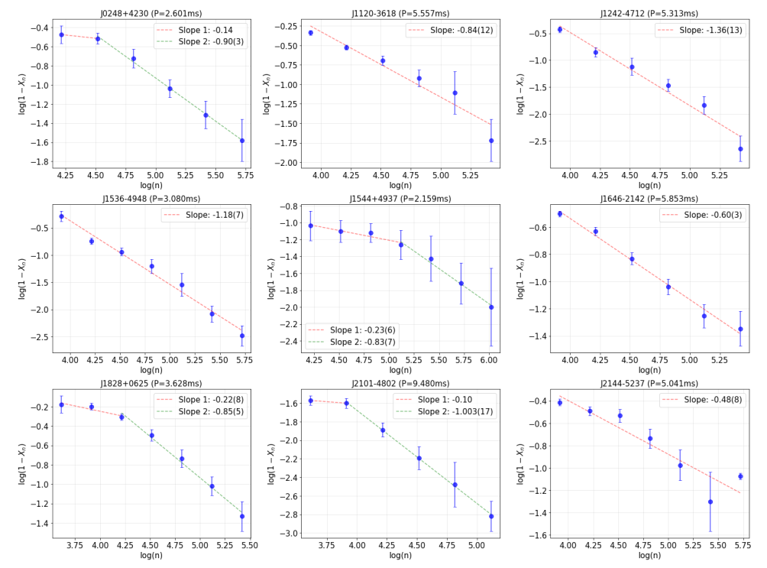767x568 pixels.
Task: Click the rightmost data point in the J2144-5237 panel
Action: (740, 476)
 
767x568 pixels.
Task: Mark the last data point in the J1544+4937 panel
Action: (491, 307)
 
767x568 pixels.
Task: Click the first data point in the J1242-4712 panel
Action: (560, 30)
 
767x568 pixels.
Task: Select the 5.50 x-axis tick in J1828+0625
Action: (249, 545)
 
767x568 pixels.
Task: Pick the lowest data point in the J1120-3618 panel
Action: (491, 141)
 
